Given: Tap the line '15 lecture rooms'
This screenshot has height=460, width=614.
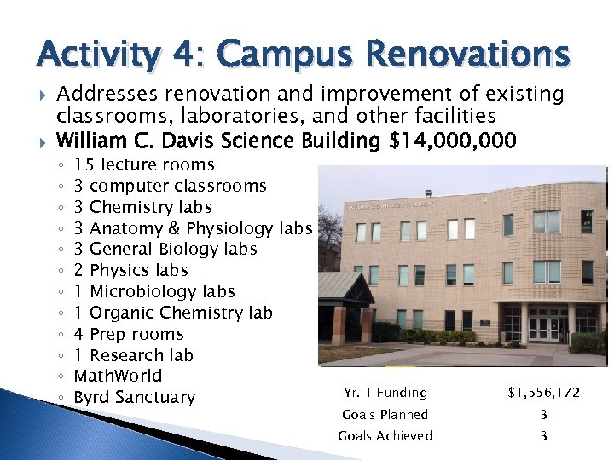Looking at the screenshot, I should [144, 164].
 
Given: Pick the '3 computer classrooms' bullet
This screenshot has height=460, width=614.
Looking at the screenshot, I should [171, 186].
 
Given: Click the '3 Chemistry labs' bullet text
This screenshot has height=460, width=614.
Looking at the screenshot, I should [143, 207].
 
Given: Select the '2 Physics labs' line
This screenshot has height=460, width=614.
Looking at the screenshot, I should [131, 270].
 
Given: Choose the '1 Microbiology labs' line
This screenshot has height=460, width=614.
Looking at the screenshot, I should [154, 291].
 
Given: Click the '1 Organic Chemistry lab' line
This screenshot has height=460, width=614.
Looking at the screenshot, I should [173, 313].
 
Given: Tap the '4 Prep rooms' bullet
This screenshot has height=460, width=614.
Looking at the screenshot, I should [129, 334].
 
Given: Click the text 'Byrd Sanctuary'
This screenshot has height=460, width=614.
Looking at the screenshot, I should [135, 397].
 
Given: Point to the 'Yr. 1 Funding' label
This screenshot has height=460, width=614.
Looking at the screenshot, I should [385, 393].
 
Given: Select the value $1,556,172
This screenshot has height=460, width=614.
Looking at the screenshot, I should [543, 393].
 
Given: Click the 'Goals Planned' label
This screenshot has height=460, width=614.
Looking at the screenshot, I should [385, 415].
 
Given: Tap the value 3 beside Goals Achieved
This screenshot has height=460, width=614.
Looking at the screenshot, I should [543, 436].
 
